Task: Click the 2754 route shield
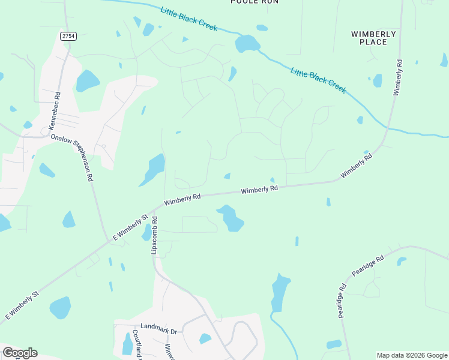[x=68, y=37]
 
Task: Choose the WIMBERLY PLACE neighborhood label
[x=373, y=38]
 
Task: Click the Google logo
[x=20, y=353]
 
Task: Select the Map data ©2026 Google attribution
[x=412, y=355]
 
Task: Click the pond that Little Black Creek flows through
[x=247, y=43]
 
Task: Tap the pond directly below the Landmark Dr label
[x=127, y=344]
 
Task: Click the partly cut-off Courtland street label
[x=137, y=344]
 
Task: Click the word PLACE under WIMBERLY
[x=373, y=42]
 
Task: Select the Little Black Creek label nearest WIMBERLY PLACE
[x=318, y=80]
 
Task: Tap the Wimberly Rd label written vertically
[x=397, y=77]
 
